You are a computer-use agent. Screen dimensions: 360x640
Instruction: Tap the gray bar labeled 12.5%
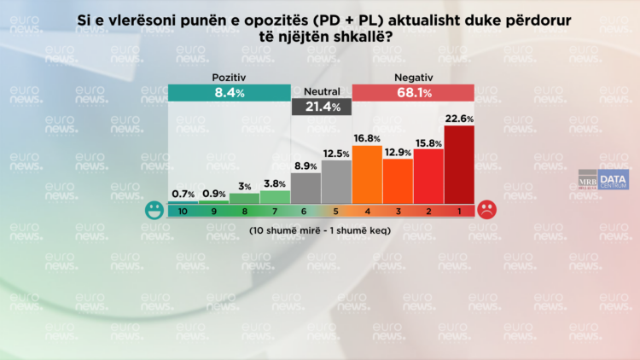(336, 181)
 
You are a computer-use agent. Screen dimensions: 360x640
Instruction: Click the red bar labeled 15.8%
(428, 176)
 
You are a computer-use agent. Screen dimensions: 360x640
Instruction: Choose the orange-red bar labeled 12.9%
(398, 181)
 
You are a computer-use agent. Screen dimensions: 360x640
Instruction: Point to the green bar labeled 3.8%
(275, 196)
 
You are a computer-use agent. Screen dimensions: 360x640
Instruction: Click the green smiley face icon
(154, 210)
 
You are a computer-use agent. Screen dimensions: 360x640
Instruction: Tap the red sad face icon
(486, 210)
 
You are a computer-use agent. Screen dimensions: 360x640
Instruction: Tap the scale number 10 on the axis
(183, 211)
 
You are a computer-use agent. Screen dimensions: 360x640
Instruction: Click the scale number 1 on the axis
(459, 211)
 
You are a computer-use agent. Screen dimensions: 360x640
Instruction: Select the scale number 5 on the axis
(336, 211)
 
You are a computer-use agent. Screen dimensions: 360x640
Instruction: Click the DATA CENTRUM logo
(613, 180)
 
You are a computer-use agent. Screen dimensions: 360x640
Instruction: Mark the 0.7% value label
(183, 195)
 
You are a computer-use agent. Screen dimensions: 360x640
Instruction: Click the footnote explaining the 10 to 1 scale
(320, 231)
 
